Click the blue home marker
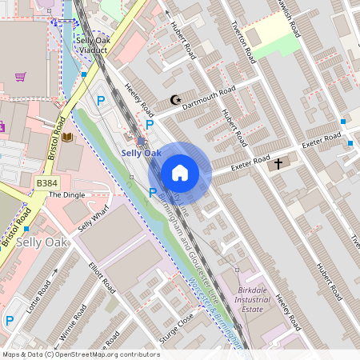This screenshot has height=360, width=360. pyautogui.click(x=180, y=173)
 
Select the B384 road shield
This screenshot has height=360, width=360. pyautogui.click(x=47, y=183)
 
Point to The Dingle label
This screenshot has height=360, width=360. pyautogui.click(x=66, y=194)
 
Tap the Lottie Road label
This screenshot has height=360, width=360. pyautogui.click(x=38, y=297)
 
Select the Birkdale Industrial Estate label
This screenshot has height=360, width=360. pyautogui.click(x=262, y=300)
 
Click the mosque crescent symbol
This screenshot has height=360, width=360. pyautogui.click(x=175, y=100)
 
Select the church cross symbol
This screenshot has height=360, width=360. pyautogui.click(x=278, y=164)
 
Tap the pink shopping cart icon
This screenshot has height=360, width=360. pyautogui.click(x=20, y=77)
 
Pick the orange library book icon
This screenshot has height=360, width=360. pyautogui.click(x=67, y=137)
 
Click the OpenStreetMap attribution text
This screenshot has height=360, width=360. pyautogui.click(x=81, y=354)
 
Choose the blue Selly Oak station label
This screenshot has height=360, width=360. pyautogui.click(x=141, y=153)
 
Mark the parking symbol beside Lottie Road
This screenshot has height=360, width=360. pyautogui.click(x=10, y=321)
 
